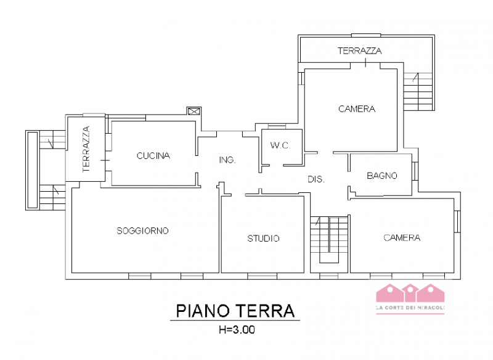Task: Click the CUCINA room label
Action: [x=153, y=155]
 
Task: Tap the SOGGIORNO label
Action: [x=142, y=231]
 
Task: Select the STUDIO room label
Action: [x=263, y=239]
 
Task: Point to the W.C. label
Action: [x=280, y=145]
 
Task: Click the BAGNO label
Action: [x=382, y=176]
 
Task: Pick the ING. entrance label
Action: [x=227, y=160]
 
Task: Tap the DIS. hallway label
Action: [x=316, y=179]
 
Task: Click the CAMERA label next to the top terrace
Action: [x=357, y=109]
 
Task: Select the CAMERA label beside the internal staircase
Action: [x=402, y=238]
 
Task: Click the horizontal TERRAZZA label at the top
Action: [x=360, y=51]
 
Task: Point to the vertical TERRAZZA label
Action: [x=86, y=149]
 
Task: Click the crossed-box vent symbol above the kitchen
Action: [x=194, y=111]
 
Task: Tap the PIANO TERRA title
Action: [x=235, y=311]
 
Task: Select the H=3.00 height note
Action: [x=237, y=330]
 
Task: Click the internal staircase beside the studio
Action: [x=329, y=240]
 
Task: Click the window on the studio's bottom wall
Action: [x=263, y=276]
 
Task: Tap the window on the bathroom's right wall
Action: [x=415, y=171]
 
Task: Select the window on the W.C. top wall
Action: [x=277, y=126]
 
